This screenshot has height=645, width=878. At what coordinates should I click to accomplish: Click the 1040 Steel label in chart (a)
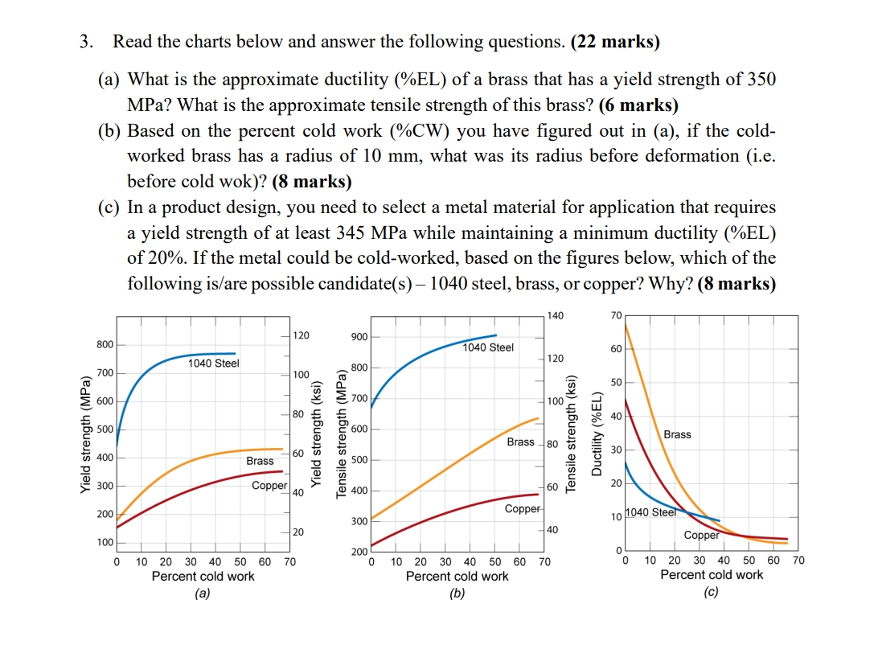tap(213, 364)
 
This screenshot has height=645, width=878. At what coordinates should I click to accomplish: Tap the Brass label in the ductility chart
tap(677, 434)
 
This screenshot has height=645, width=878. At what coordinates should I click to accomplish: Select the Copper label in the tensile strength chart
tap(522, 509)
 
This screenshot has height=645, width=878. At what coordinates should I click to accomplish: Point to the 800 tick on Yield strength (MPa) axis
tap(105, 344)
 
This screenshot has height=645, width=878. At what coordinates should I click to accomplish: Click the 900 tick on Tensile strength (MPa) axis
tap(359, 336)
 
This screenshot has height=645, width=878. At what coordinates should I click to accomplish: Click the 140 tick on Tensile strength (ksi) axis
tap(556, 315)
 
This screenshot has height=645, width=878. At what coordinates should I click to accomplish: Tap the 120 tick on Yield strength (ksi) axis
tap(300, 335)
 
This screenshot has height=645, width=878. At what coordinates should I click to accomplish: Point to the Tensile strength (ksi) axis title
tap(572, 433)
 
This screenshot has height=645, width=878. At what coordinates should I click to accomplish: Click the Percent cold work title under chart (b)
tap(457, 576)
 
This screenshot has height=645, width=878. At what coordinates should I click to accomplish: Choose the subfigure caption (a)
tap(203, 593)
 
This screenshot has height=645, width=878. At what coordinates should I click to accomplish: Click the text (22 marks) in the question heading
tap(615, 42)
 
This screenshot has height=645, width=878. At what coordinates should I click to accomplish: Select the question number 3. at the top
tap(86, 42)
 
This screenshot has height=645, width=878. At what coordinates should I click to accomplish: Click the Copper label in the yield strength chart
tap(269, 486)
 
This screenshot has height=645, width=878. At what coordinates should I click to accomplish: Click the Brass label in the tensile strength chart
tap(520, 442)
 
